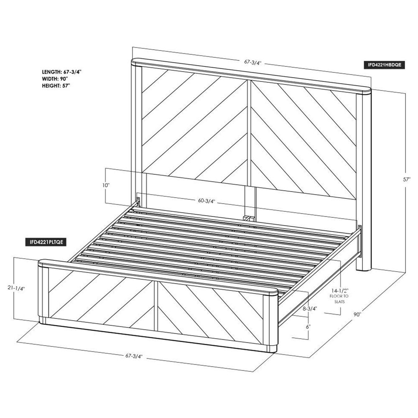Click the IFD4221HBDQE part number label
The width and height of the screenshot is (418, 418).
tap(384, 65)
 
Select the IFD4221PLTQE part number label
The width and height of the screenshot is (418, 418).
tap(45, 242)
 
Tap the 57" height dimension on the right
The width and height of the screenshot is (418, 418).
tap(406, 179)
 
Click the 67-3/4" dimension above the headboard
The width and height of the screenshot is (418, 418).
tap(253, 62)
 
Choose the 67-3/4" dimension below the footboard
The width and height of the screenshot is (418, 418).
tap(134, 356)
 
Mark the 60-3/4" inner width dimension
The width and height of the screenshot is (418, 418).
tap(206, 201)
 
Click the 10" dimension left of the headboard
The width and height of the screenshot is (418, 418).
tap(106, 185)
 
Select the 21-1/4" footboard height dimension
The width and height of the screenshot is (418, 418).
tap(16, 288)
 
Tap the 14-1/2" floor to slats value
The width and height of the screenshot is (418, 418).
tap(339, 291)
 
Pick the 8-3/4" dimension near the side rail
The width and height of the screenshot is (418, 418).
tap(310, 308)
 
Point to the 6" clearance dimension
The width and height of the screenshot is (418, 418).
tap(308, 326)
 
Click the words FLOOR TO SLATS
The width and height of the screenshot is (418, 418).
tap(339, 299)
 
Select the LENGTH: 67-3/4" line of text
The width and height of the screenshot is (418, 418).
tap(61, 72)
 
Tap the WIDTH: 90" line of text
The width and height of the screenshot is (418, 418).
tap(55, 79)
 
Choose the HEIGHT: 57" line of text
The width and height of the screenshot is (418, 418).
tap(56, 86)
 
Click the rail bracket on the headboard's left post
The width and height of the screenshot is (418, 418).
tap(138, 202)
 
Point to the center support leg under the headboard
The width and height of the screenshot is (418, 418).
tap(250, 203)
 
